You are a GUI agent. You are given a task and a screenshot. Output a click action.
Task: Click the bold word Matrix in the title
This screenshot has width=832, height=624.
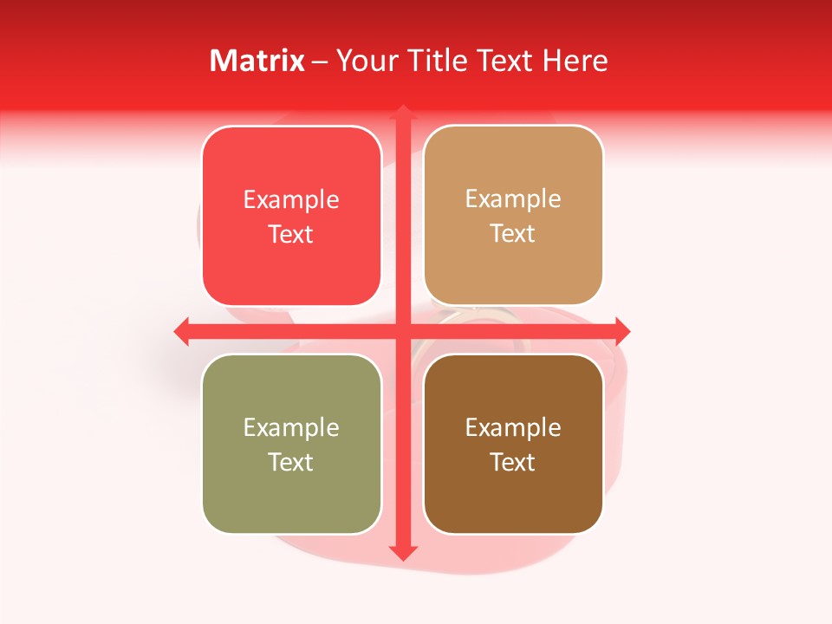(257, 61)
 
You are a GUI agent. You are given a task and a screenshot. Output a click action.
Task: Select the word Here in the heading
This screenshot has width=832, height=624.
(575, 61)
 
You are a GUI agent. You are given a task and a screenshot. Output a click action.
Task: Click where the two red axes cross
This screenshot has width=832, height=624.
(402, 331)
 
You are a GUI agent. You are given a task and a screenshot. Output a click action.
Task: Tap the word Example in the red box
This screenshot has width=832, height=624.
(291, 200)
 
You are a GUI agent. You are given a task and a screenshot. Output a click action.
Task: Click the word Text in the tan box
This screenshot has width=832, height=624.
(513, 234)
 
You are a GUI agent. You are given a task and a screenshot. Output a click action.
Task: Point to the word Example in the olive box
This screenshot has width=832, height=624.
(291, 427)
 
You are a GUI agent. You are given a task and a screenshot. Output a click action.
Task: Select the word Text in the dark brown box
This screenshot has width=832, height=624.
(513, 462)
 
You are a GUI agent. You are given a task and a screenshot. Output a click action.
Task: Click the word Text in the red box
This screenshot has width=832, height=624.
(291, 235)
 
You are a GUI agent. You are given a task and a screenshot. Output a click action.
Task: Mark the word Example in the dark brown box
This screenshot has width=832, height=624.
(513, 427)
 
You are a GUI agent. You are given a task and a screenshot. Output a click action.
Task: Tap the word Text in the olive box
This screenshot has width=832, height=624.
(291, 462)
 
